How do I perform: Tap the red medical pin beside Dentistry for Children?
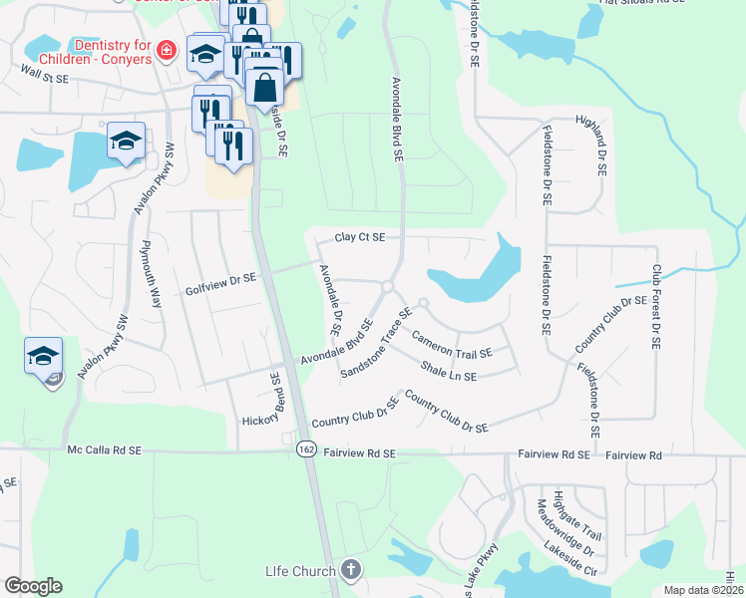[x=168, y=50]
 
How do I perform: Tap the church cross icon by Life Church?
[x=349, y=570]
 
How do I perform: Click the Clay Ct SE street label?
[x=359, y=237]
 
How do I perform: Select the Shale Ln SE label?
[x=449, y=372]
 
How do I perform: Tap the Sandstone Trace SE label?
[x=376, y=343]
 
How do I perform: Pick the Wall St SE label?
[x=44, y=73]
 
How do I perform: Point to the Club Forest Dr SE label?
[x=655, y=306]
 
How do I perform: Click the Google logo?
[x=33, y=586]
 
